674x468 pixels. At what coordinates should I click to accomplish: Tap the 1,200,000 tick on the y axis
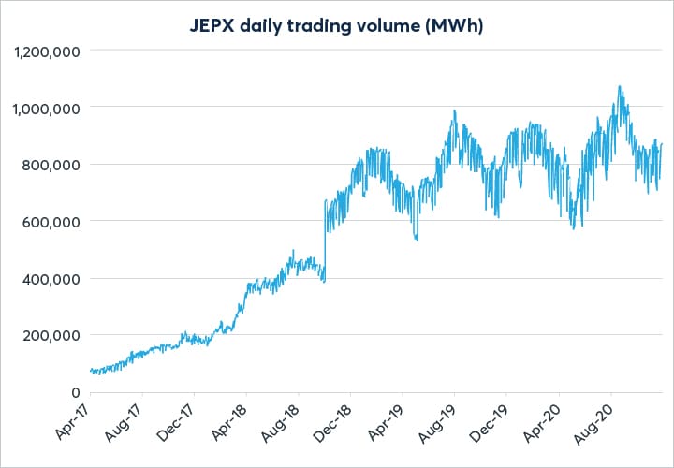pos(47,51)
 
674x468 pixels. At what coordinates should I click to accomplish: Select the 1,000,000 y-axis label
pos(47,108)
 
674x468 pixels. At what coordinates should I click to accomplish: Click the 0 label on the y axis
pos(75,392)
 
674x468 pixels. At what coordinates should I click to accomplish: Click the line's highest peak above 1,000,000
pos(619,86)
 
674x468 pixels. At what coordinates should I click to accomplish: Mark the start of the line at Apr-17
pos(90,371)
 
